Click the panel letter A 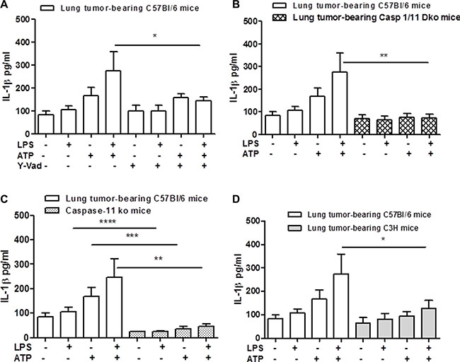click(x=6, y=6)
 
